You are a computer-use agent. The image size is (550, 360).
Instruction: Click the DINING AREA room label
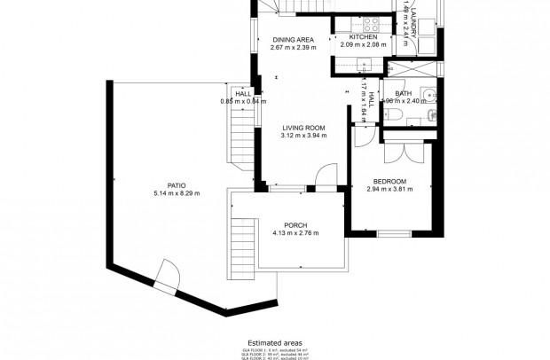[293, 40]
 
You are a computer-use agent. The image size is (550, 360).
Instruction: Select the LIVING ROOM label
[303, 129]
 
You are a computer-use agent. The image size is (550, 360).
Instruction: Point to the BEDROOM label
[390, 182]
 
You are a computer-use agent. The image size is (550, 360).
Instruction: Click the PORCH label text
[295, 225]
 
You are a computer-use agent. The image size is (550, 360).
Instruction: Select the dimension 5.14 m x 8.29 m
[177, 193]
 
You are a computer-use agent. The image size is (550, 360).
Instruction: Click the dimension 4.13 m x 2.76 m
[295, 233]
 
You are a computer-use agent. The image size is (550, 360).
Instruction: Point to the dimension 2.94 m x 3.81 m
[390, 190]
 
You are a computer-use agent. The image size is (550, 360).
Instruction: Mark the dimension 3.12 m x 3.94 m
[303, 137]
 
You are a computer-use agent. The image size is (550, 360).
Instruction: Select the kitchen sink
[360, 63]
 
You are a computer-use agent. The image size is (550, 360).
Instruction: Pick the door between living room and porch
[327, 176]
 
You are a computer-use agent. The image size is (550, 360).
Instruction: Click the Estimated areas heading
[274, 341]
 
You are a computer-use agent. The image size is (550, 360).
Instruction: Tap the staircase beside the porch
[241, 239]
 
